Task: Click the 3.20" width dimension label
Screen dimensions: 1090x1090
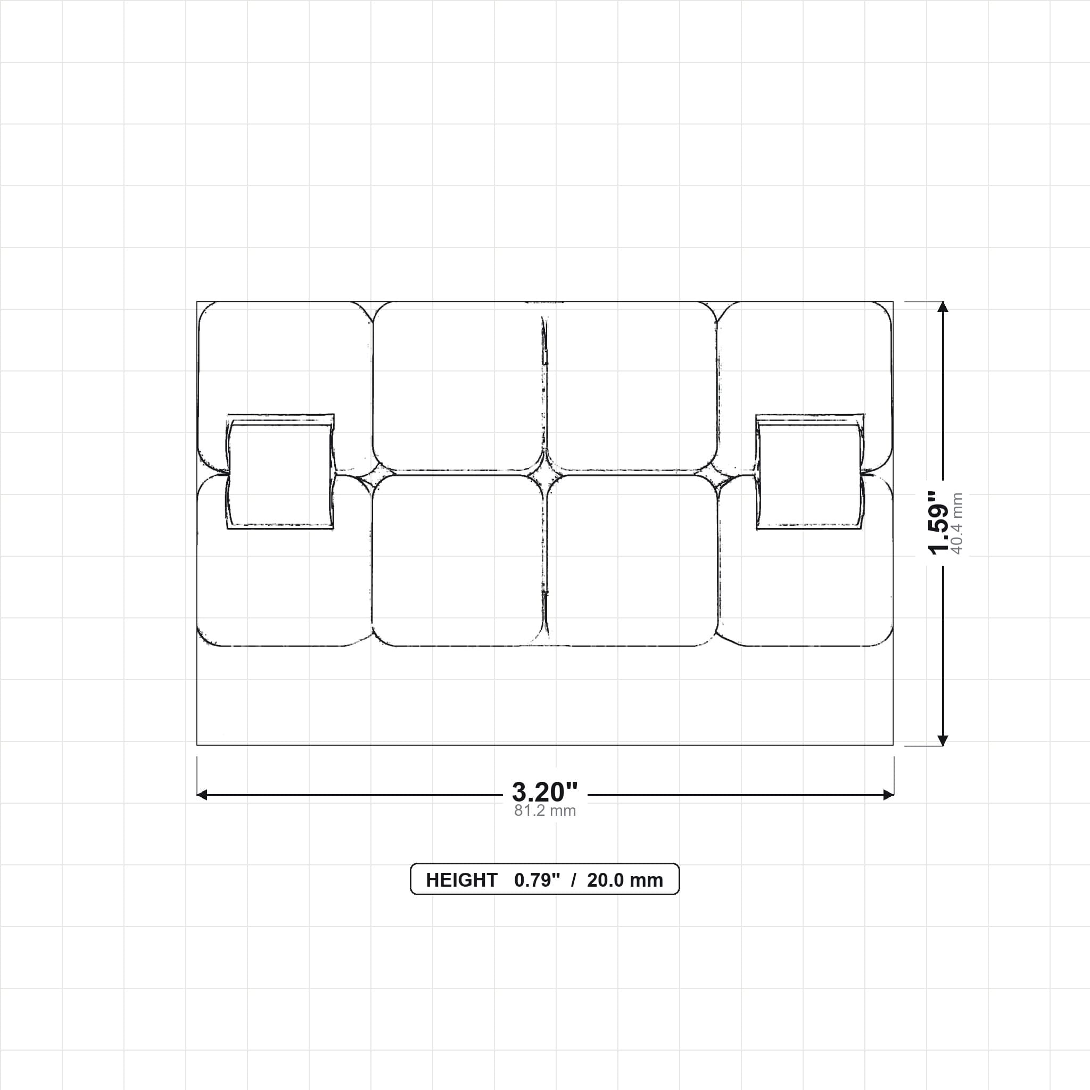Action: [x=544, y=792]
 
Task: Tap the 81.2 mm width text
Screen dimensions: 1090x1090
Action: [x=544, y=811]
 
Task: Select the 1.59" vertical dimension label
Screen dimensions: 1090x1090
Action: [x=939, y=523]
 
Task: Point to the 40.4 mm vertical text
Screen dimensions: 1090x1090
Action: [x=957, y=523]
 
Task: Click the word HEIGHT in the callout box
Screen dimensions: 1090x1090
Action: [x=461, y=880]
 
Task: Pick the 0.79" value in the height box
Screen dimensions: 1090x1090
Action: [x=537, y=880]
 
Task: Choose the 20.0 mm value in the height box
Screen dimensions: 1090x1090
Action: [x=624, y=880]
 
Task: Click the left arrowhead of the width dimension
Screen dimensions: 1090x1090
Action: [x=202, y=795]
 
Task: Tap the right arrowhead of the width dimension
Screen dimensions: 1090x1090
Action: [x=889, y=795]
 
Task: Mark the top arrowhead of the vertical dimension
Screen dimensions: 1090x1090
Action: [x=942, y=307]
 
